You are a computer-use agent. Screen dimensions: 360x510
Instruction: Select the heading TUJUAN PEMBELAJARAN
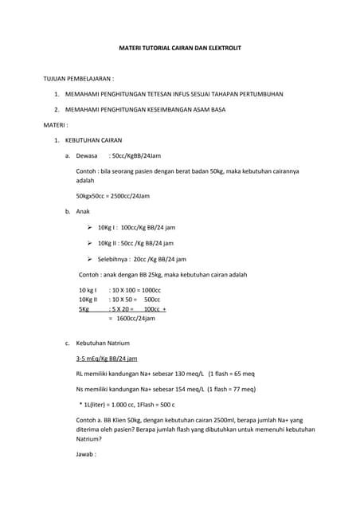pyautogui.click(x=78, y=80)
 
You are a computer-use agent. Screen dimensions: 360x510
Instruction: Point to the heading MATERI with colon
pyautogui.click(x=56, y=125)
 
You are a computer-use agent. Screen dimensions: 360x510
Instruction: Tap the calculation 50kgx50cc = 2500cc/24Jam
pyautogui.click(x=112, y=195)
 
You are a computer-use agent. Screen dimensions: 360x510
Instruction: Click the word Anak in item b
pyautogui.click(x=83, y=212)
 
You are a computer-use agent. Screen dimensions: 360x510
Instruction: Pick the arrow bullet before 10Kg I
pyautogui.click(x=89, y=228)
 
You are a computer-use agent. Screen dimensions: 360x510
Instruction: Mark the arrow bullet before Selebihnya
pyautogui.click(x=89, y=259)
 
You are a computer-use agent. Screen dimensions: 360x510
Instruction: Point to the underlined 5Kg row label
pyautogui.click(x=84, y=308)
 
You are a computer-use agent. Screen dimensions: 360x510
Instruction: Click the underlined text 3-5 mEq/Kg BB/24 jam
pyautogui.click(x=106, y=359)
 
